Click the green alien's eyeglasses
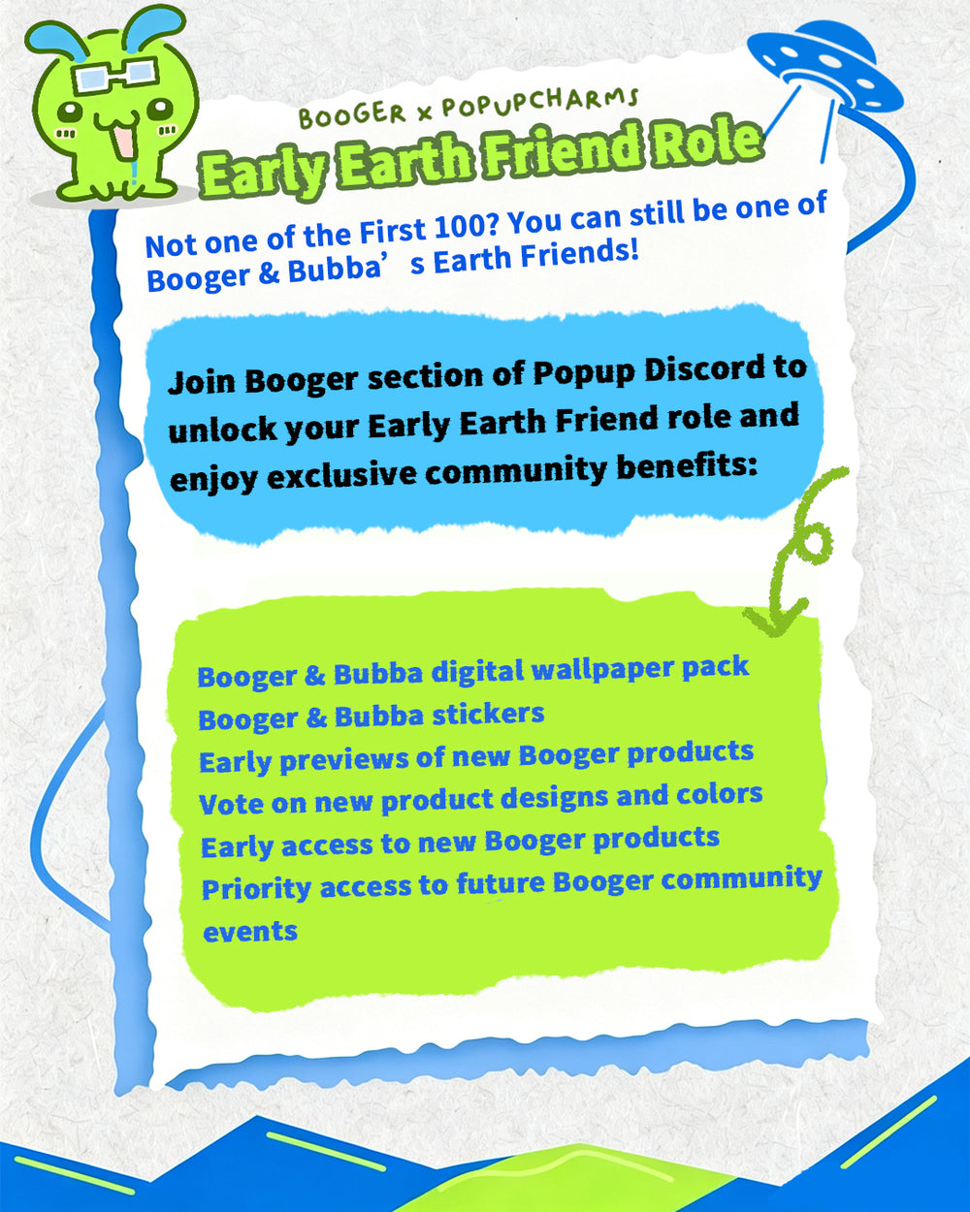click(x=116, y=75)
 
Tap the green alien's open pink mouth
click(x=124, y=141)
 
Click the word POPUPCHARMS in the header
click(x=540, y=103)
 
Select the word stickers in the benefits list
click(x=488, y=715)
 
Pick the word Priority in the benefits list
click(x=256, y=890)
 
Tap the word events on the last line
click(x=250, y=932)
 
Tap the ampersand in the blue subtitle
click(x=270, y=273)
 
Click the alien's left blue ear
click(x=56, y=40)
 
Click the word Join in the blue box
click(x=201, y=383)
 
